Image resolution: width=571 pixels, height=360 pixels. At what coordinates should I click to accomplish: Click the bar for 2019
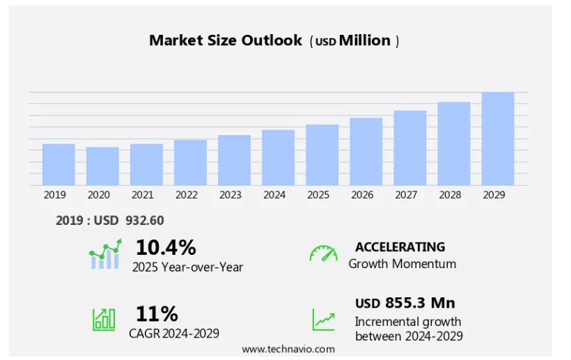click(58, 164)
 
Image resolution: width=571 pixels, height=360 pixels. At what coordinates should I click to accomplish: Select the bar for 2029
click(498, 139)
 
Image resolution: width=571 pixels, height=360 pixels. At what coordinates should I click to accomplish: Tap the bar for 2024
click(278, 157)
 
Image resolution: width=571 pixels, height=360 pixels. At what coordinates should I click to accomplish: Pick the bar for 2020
click(102, 166)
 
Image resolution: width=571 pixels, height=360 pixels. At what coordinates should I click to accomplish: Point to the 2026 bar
click(366, 151)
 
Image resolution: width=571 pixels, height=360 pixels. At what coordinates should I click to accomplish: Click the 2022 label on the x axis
click(187, 195)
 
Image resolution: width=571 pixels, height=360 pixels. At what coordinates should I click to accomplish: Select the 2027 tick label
click(406, 195)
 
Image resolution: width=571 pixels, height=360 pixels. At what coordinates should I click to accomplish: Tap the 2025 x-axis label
click(318, 195)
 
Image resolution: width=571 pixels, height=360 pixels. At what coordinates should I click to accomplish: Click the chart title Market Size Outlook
click(226, 40)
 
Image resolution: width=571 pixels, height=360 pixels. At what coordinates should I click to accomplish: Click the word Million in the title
click(365, 40)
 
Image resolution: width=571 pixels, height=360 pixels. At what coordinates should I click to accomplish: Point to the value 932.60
click(145, 221)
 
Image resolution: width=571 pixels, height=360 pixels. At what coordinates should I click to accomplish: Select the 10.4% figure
click(166, 247)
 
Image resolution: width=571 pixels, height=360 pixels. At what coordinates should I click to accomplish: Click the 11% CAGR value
click(157, 314)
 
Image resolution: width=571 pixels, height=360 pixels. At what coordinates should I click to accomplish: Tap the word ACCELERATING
click(400, 246)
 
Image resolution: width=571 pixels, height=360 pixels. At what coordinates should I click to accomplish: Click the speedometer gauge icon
click(323, 253)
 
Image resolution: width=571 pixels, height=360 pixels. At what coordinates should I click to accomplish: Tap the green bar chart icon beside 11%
click(104, 319)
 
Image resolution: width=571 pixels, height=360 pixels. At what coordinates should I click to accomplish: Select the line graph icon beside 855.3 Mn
click(323, 319)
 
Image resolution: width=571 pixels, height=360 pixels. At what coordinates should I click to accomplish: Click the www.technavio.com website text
click(288, 349)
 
